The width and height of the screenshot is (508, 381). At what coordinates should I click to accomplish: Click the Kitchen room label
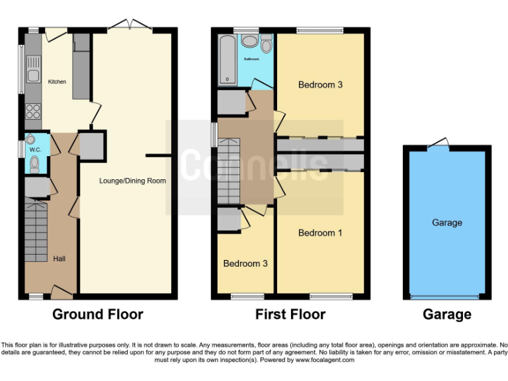[57, 82]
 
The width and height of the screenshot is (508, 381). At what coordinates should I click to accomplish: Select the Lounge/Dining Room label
[132, 180]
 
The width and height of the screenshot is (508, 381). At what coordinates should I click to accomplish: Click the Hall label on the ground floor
[60, 259]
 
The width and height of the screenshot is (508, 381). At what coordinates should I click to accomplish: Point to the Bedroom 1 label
[320, 233]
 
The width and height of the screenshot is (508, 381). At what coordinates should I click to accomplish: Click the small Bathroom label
[251, 59]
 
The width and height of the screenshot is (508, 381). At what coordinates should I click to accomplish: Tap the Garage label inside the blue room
[447, 223]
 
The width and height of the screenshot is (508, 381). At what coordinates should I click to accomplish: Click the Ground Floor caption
[98, 314]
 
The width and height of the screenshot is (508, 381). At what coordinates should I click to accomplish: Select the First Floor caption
[290, 314]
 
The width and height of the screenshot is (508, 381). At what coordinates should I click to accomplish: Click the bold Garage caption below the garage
[447, 314]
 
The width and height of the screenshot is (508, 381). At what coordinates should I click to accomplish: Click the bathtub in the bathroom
[228, 60]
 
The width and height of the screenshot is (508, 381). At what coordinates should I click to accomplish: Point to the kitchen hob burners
[31, 111]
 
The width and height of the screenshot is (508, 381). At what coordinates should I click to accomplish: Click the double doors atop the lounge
[130, 26]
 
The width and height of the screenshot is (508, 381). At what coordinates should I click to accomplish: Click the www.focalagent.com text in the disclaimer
[323, 360]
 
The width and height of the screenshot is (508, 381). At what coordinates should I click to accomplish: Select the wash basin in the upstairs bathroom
[250, 42]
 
